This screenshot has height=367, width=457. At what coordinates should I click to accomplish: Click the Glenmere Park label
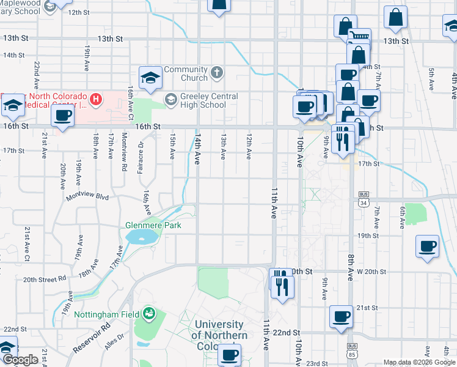pyautogui.click(x=153, y=225)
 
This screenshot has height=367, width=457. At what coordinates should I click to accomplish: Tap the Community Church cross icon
pyautogui.click(x=216, y=74)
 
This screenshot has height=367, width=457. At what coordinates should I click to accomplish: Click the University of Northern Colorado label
pyautogui.click(x=219, y=335)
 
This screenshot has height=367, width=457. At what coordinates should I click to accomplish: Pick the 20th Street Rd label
pyautogui.click(x=44, y=280)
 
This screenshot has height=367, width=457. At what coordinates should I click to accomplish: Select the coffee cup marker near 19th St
pyautogui.click(x=427, y=247)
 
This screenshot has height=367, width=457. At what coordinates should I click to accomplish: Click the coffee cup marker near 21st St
pyautogui.click(x=342, y=317)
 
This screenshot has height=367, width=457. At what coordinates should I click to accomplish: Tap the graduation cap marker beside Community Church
pyautogui.click(x=150, y=77)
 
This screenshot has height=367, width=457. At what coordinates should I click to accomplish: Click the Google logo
pyautogui.click(x=20, y=360)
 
